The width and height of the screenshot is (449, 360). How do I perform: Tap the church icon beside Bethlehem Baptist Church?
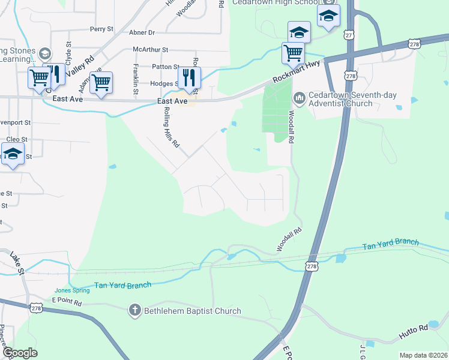click(x=135, y=311)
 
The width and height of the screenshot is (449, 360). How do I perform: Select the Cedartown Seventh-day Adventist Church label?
click(x=342, y=98)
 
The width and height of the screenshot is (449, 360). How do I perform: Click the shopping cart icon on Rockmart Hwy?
click(x=292, y=53)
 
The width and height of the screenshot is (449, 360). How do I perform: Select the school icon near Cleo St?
click(x=13, y=155)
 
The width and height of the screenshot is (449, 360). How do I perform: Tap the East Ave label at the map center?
click(x=173, y=101)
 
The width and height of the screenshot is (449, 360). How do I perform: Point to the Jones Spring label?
click(x=72, y=290)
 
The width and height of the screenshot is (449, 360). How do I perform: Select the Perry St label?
click(x=101, y=29)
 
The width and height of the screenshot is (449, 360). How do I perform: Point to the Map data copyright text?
click(x=423, y=355)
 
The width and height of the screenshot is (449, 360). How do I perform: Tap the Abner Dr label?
click(x=143, y=32)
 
